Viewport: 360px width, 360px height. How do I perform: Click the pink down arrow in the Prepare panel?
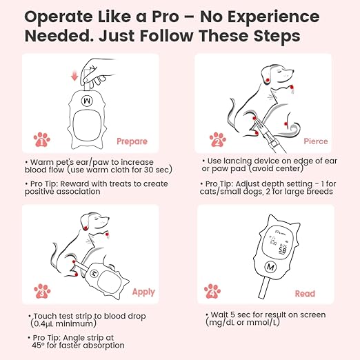pos(74,76)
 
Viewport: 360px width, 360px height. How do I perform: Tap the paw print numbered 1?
pos(41,139)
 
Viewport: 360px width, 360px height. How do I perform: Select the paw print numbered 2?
pos(218,139)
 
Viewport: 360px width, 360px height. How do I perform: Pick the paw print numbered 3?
pos(42,291)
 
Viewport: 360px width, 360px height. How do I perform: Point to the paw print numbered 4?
pos(212,291)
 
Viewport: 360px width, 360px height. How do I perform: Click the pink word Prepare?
pos(132,141)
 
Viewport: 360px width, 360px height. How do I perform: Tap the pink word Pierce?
pos(316,141)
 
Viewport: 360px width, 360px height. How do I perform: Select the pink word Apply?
pos(143,292)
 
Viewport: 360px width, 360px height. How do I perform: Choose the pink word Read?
pos(305,294)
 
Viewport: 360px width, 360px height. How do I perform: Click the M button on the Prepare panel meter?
pos(87,101)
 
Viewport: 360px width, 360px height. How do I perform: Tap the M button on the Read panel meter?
pos(270,267)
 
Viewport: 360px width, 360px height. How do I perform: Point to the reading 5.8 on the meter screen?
pos(282,250)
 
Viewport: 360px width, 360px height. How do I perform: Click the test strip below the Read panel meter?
pos(264,288)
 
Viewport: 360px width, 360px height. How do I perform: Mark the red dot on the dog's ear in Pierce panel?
pos(268,80)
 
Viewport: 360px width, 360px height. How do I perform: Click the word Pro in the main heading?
pos(166,17)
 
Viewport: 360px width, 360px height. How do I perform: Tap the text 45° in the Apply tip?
pos(38,345)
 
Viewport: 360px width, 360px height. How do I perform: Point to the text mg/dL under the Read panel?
pos(221,323)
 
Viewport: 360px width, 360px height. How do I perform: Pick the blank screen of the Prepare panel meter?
pos(87,125)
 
